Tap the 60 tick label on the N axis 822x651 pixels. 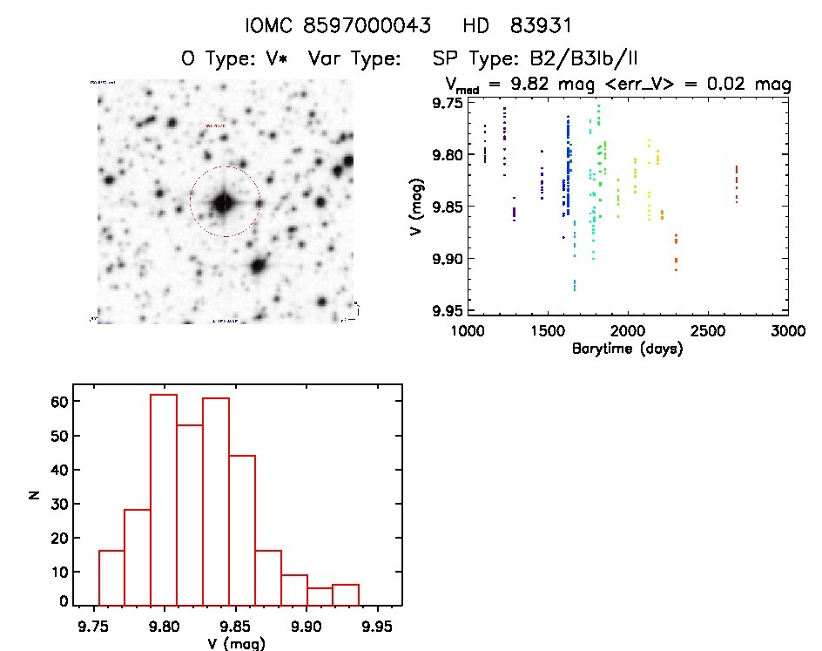click(59, 402)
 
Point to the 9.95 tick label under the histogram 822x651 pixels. click(376, 627)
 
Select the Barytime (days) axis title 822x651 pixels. click(626, 349)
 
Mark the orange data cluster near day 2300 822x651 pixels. click(676, 252)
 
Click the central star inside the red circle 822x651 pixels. click(224, 202)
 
